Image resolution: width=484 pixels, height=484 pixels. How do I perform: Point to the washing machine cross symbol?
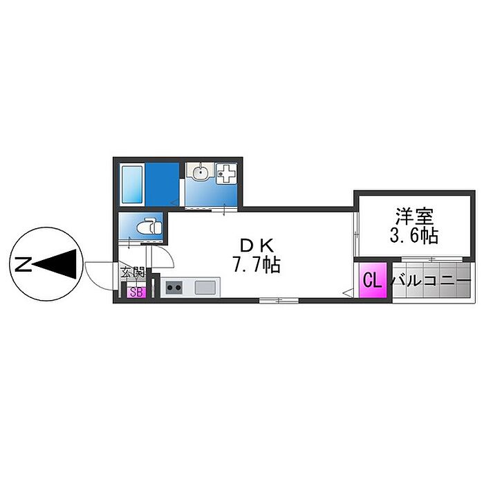[x=226, y=174]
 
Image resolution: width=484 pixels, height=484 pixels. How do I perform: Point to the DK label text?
[x=257, y=245]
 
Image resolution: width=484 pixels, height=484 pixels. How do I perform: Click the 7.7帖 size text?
[x=257, y=265]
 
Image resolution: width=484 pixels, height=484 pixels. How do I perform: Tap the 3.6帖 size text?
[x=414, y=236]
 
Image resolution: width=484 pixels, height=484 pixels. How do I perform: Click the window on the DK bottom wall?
[x=279, y=300]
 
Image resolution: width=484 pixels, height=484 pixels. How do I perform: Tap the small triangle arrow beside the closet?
[x=346, y=292]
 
